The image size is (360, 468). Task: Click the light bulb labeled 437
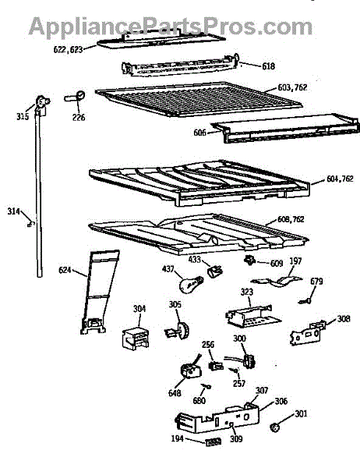click(191, 284)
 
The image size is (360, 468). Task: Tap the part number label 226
click(79, 117)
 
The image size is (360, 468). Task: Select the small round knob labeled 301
click(275, 427)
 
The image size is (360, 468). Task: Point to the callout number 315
click(23, 116)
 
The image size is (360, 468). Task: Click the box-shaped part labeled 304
click(136, 337)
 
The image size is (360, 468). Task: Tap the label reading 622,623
click(68, 50)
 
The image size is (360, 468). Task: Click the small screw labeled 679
click(305, 302)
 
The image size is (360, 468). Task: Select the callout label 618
click(268, 66)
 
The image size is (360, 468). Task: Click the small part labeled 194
click(214, 441)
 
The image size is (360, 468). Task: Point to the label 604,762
click(340, 179)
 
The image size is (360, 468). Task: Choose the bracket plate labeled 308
click(307, 333)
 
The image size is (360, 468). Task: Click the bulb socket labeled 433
click(215, 271)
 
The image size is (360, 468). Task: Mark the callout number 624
click(65, 270)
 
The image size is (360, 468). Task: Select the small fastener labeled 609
click(249, 261)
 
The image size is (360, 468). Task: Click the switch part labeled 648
click(190, 370)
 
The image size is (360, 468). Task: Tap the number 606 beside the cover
click(199, 133)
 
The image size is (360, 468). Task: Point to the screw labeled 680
click(206, 387)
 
